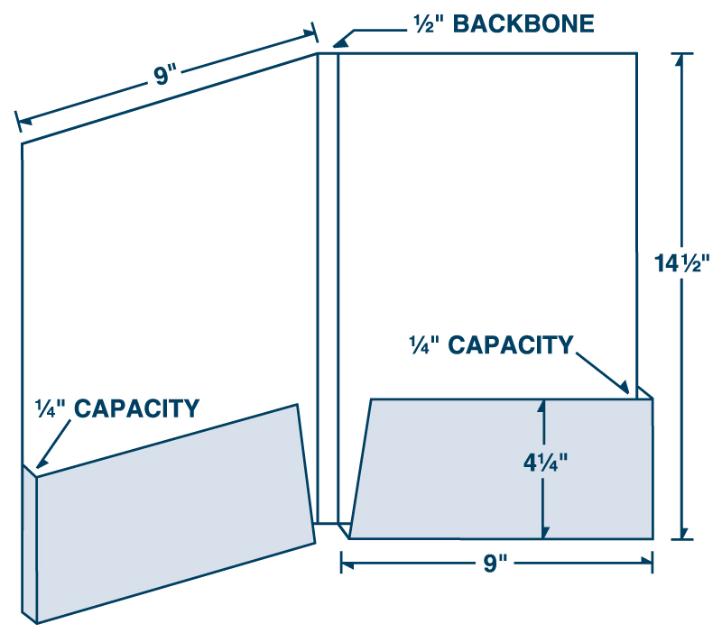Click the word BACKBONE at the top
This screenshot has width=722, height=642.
coord(523,23)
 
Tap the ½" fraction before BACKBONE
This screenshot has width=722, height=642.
coord(426,23)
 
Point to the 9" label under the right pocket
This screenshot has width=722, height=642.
coord(496,564)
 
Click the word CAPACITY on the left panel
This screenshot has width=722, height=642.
coord(136,408)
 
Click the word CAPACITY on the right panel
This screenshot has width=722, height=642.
coord(511,344)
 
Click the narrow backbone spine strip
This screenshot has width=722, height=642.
coord(327,289)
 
